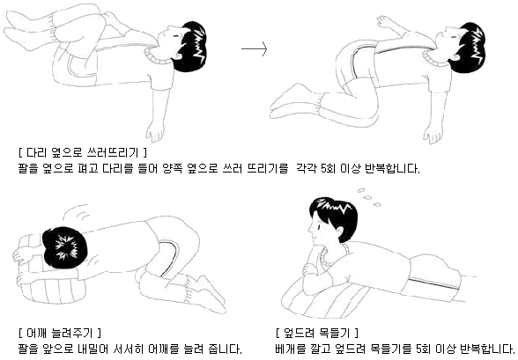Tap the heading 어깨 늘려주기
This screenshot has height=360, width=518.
(x=60, y=333)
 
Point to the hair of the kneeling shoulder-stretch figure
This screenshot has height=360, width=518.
(x=61, y=246)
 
